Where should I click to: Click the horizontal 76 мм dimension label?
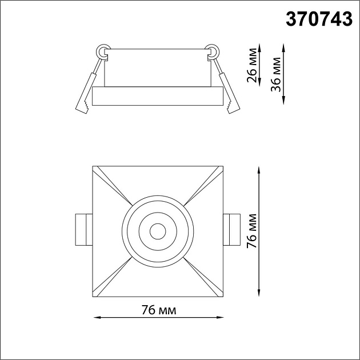coord(158,310)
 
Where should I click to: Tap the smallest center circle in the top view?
coord(157,231)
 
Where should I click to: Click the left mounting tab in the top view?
coord(83,230)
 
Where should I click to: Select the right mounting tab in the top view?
coord(231,230)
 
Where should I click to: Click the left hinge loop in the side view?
coord(103,53)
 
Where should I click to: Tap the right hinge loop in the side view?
coord(213,53)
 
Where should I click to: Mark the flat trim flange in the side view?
coord(157,97)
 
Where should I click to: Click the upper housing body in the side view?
coord(157,69)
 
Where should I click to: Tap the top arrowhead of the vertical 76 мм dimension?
coord(261,170)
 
